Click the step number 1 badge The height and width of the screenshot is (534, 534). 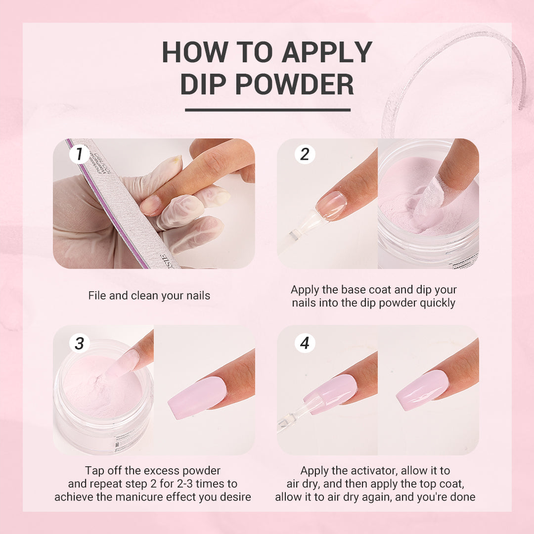[x=79, y=154]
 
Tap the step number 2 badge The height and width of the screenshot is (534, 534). [x=305, y=154]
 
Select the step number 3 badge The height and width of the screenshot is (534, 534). [x=79, y=343]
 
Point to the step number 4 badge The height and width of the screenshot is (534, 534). [x=305, y=343]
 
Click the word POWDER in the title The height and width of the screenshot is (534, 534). [x=294, y=85]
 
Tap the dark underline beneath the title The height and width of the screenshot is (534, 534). [x=267, y=110]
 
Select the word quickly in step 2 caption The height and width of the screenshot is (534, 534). [x=437, y=303]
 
